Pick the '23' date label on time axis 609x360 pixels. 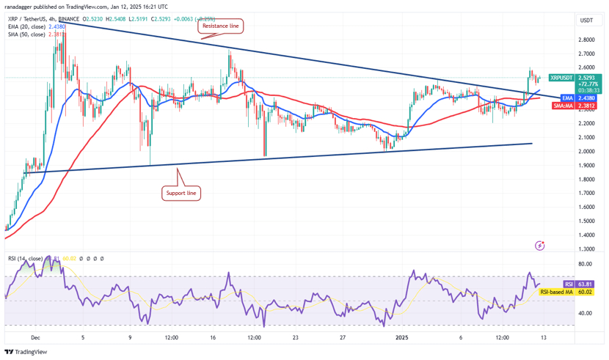(x=294, y=338)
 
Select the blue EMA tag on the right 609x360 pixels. (x=566, y=98)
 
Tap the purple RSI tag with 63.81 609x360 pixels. (x=568, y=284)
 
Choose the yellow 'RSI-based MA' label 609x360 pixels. (x=555, y=292)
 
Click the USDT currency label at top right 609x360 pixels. (x=586, y=21)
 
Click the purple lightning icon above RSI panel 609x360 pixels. (x=541, y=245)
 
